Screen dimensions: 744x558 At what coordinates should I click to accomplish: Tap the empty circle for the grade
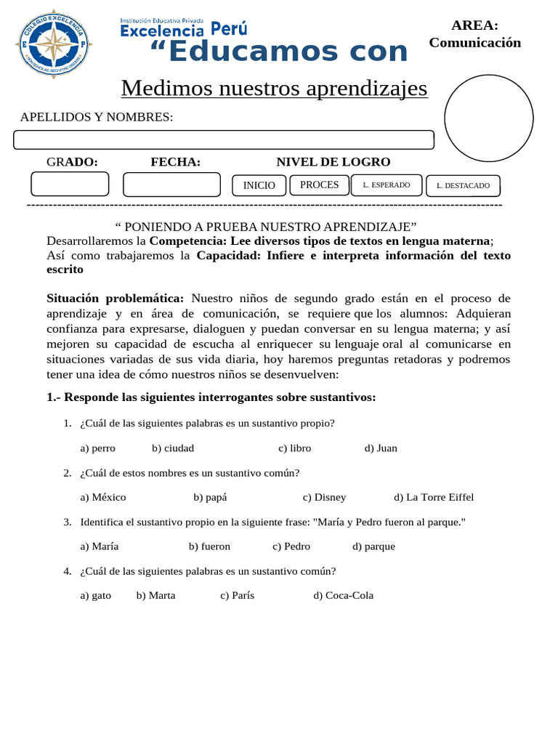[488, 118]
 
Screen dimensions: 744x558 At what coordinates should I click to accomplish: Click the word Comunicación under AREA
[474, 43]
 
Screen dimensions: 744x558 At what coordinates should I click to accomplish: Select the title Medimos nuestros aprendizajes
[274, 88]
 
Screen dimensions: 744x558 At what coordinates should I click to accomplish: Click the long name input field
[224, 139]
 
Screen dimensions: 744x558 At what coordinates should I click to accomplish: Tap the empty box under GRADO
[70, 184]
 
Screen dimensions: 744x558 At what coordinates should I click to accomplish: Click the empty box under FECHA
[171, 185]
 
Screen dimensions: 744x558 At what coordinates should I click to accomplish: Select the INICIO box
[259, 185]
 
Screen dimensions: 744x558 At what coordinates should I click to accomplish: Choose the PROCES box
[319, 185]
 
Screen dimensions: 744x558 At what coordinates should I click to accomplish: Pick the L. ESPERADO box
[386, 185]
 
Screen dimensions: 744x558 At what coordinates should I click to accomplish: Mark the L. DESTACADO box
[463, 186]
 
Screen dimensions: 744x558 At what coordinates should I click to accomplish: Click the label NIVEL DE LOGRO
[333, 162]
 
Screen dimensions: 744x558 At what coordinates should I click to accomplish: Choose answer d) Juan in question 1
[381, 448]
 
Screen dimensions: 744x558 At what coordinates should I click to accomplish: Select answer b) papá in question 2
[210, 498]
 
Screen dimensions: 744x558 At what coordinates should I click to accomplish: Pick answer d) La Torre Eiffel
[434, 498]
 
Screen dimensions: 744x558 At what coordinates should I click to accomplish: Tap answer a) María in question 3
[100, 546]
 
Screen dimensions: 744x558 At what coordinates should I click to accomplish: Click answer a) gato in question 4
[96, 596]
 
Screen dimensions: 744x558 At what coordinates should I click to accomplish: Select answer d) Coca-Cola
[343, 596]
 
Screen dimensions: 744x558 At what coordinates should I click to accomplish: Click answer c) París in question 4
[237, 596]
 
